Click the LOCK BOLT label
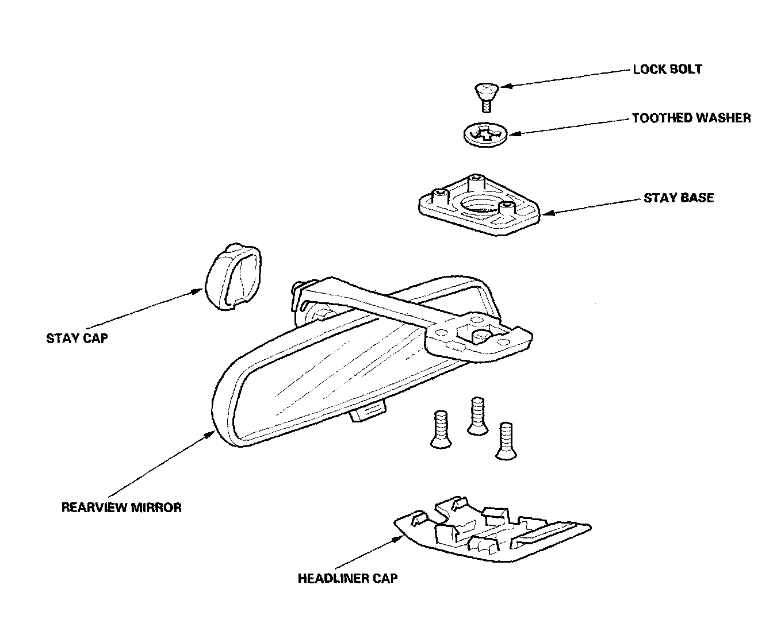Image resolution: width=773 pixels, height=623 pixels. pyautogui.click(x=667, y=70)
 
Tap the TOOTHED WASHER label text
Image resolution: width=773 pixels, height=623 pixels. pyautogui.click(x=691, y=118)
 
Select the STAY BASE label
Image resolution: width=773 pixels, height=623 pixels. pyautogui.click(x=679, y=198)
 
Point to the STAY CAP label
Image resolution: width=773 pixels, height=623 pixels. pyautogui.click(x=76, y=338)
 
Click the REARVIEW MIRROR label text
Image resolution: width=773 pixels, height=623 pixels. pyautogui.click(x=121, y=507)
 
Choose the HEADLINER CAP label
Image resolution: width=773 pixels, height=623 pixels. pyautogui.click(x=347, y=578)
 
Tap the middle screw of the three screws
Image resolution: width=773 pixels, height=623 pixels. pyautogui.click(x=477, y=415)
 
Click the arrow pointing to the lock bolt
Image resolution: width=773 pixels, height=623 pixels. pyautogui.click(x=564, y=78)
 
